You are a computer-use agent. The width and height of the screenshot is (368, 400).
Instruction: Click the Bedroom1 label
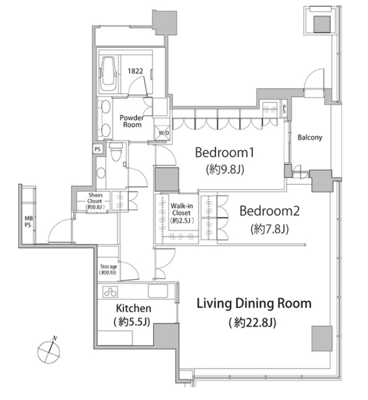pyautogui.click(x=224, y=153)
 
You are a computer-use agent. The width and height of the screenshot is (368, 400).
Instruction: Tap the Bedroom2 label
pyautogui.click(x=269, y=211)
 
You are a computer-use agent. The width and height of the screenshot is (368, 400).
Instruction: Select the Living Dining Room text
pyautogui.click(x=254, y=304)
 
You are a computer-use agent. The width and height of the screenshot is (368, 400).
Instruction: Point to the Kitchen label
pyautogui.click(x=133, y=308)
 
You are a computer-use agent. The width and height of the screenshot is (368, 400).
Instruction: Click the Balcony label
pyautogui.click(x=310, y=138)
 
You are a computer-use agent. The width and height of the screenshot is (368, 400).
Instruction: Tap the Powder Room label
pyautogui.click(x=132, y=121)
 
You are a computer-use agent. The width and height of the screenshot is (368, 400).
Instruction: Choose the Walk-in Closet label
pyautogui.click(x=182, y=209)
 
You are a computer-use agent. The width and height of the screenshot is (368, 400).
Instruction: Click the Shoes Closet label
pyautogui.click(x=95, y=198)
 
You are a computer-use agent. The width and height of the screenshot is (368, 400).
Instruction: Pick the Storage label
pyautogui.click(x=109, y=267)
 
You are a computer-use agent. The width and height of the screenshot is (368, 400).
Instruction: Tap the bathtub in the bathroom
pyautogui.click(x=109, y=74)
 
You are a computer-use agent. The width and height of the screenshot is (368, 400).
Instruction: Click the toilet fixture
pyautogui.click(x=116, y=152)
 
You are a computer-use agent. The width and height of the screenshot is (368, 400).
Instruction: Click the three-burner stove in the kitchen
pyautogui.click(x=110, y=292)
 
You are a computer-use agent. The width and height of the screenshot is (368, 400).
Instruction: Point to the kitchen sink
pyautogui.click(x=158, y=291)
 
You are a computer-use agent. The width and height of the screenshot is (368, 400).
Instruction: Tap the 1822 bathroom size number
pyautogui.click(x=136, y=71)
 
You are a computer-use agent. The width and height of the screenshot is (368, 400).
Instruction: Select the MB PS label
pyautogui.click(x=28, y=221)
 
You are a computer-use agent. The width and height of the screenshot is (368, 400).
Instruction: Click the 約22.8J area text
pyautogui.click(x=252, y=323)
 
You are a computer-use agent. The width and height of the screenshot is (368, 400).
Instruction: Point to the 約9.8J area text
pyautogui.click(x=225, y=169)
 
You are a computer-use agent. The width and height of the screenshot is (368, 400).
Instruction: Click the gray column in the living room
pyautogui.click(x=322, y=338)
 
